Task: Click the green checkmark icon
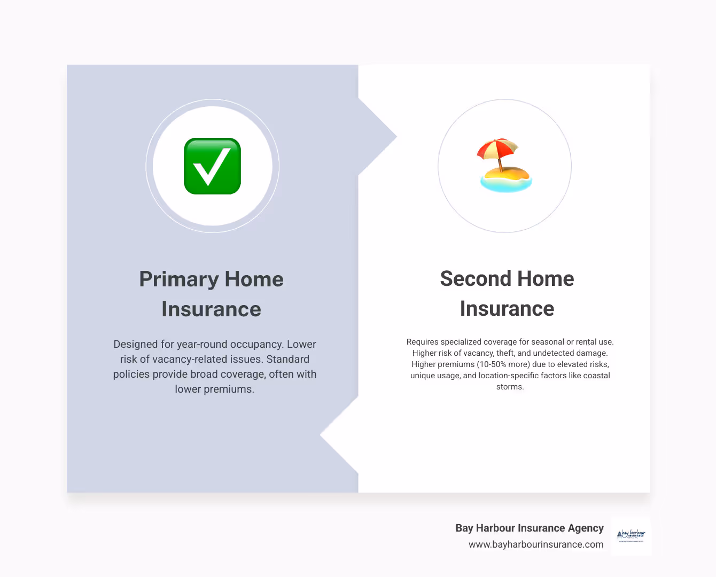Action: pos(212,166)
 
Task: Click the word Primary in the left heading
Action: pos(179,279)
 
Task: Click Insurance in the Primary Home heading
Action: pos(211,309)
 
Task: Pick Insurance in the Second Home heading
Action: pos(507,309)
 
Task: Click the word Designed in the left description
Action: pos(136,344)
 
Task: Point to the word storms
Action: pos(509,387)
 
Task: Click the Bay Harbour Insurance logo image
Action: pos(631,535)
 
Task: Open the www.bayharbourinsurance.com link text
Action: pos(536,544)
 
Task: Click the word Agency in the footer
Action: pos(586,528)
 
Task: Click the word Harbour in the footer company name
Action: pos(496,528)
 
